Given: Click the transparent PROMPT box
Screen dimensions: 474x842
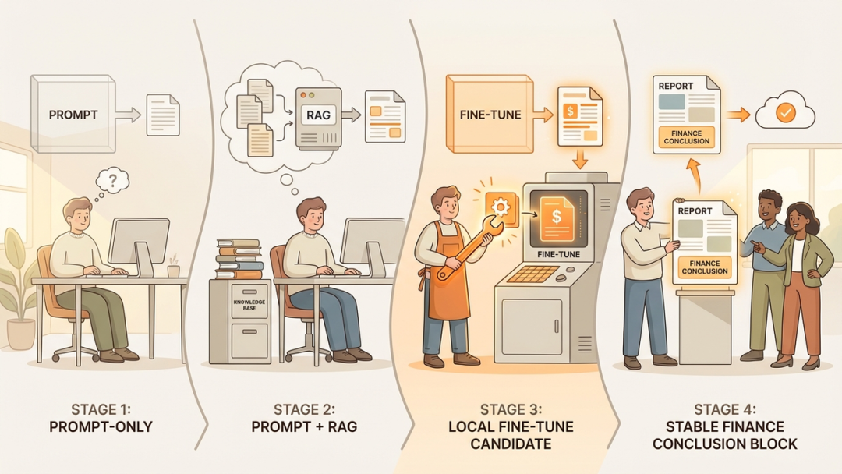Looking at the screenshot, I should (73, 113).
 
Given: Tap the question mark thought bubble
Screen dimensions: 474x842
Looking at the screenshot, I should (114, 182).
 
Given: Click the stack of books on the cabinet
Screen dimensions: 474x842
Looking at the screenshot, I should (238, 258).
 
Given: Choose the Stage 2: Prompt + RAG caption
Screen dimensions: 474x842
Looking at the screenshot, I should (306, 416).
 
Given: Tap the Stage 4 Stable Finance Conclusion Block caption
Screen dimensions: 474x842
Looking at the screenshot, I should (724, 426).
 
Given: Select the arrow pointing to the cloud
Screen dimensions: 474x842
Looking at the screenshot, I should (741, 115).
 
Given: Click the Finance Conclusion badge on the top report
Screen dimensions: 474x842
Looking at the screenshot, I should (686, 136).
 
